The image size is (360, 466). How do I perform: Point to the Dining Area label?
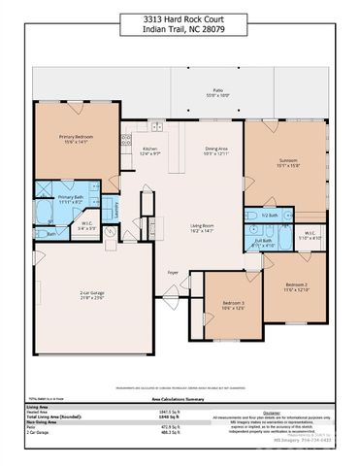pyautogui.click(x=215, y=148)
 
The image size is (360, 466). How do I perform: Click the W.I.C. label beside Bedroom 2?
pyautogui.click(x=311, y=233)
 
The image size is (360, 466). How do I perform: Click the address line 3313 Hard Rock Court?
pyautogui.click(x=180, y=18)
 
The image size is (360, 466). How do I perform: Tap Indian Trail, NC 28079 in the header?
pyautogui.click(x=180, y=29)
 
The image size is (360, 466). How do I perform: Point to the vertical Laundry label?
pyautogui.click(x=116, y=206)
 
